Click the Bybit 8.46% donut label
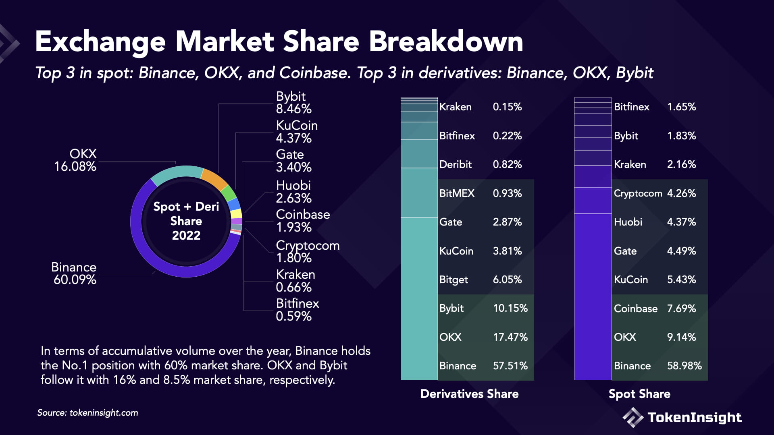click(293, 103)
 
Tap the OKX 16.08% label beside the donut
click(76, 160)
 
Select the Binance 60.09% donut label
click(74, 273)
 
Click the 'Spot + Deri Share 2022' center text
click(186, 221)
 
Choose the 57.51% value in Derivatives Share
click(510, 366)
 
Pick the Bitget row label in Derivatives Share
click(454, 280)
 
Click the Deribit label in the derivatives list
click(455, 164)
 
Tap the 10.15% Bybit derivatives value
click(510, 308)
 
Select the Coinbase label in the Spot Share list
click(635, 309)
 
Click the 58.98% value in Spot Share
click(684, 366)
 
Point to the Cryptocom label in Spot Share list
click(638, 193)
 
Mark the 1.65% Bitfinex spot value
click(681, 107)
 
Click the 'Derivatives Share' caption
click(469, 394)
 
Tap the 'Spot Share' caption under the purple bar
click(639, 394)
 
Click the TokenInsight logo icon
click(633, 417)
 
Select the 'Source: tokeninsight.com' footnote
click(87, 413)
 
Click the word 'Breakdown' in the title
click(446, 41)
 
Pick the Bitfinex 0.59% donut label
click(298, 310)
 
